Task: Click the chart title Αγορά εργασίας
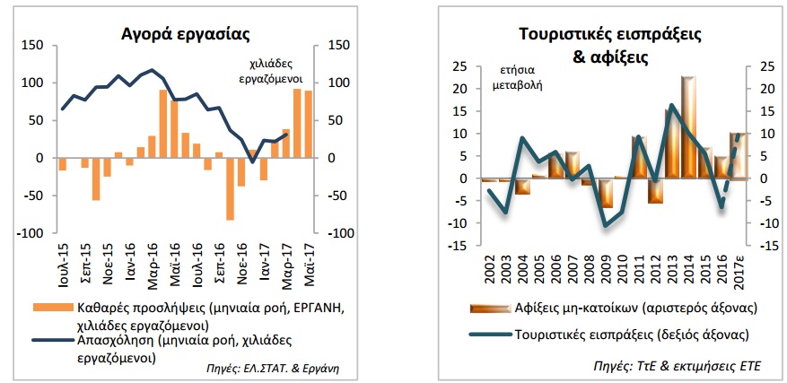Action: pos(185,34)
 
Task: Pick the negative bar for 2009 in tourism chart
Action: pos(607,193)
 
